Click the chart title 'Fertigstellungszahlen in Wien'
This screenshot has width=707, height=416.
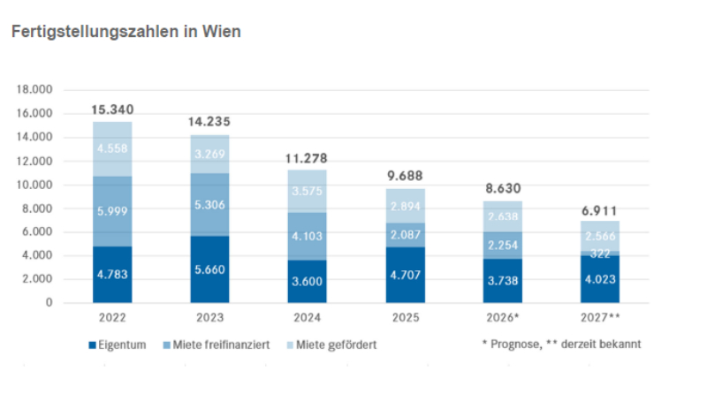pos(125,31)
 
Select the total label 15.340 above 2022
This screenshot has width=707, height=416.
pos(112,110)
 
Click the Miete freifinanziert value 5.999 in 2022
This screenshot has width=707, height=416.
pos(112,212)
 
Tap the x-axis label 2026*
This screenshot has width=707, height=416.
pos(501,316)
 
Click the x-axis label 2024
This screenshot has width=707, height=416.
pos(307,316)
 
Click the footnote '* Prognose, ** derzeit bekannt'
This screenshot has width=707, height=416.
pos(561,344)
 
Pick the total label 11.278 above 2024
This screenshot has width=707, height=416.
pos(307,160)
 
